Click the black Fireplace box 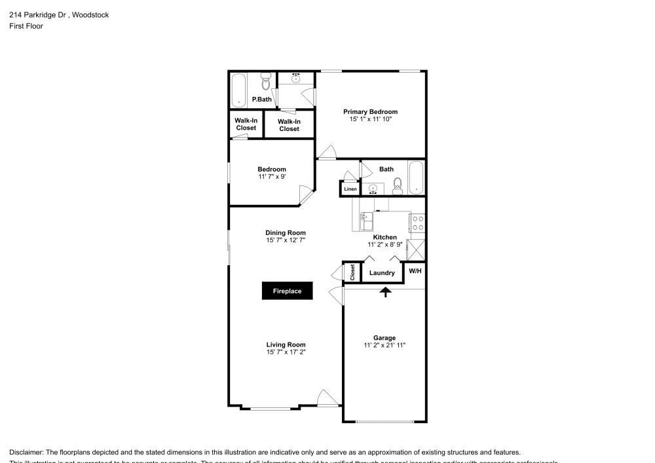pyautogui.click(x=287, y=291)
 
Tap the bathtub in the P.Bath pyautogui.click(x=238, y=90)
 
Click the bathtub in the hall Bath pyautogui.click(x=417, y=178)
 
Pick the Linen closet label pyautogui.click(x=350, y=190)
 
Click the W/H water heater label pyautogui.click(x=415, y=271)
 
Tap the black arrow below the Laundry pyautogui.click(x=386, y=291)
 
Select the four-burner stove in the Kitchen pyautogui.click(x=418, y=223)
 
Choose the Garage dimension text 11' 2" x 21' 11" pyautogui.click(x=384, y=346)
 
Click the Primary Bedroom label pyautogui.click(x=370, y=112)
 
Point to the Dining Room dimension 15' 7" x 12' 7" pyautogui.click(x=285, y=240)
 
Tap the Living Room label pyautogui.click(x=286, y=344)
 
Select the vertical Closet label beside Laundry pyautogui.click(x=352, y=272)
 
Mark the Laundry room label pyautogui.click(x=382, y=273)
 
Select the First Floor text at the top pyautogui.click(x=26, y=26)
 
